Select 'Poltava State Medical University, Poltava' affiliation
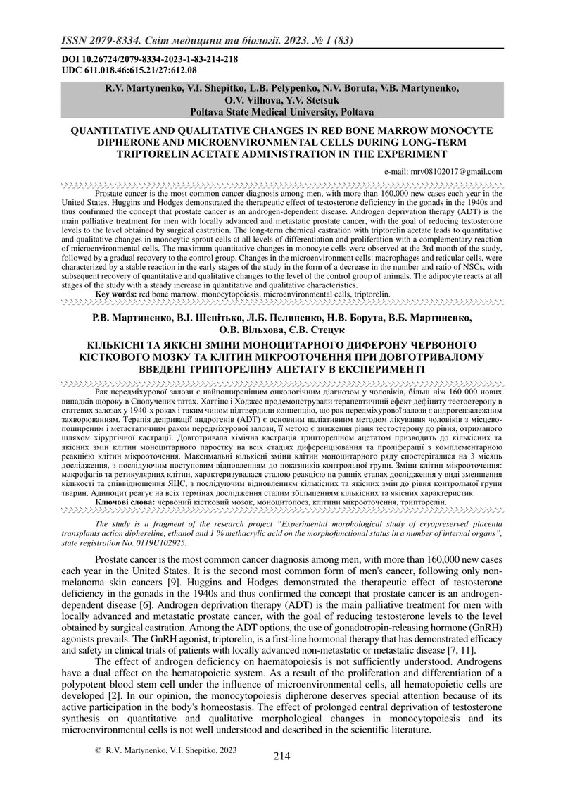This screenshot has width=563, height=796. [x=281, y=111]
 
